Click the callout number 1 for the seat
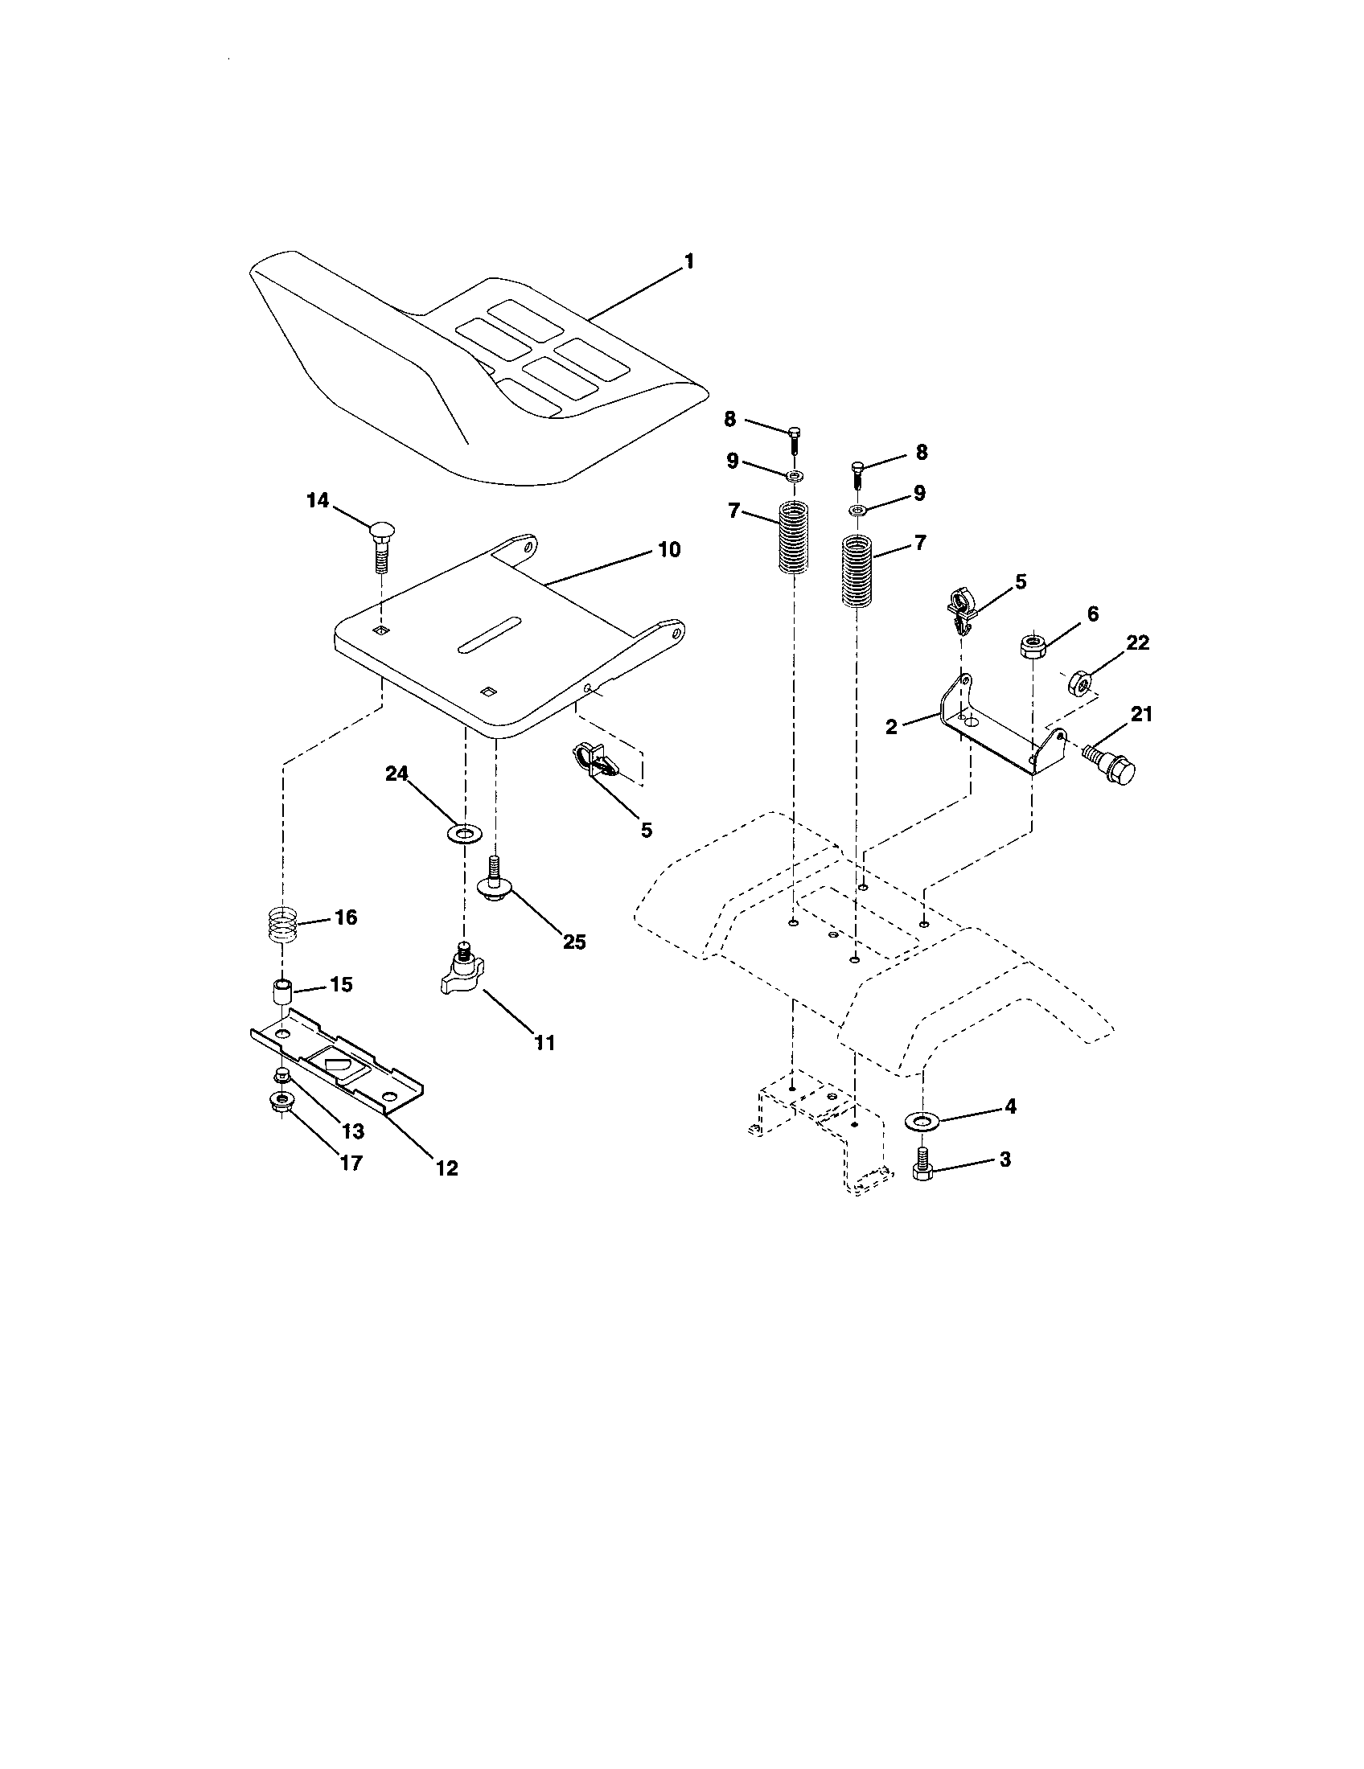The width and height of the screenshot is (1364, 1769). [x=688, y=261]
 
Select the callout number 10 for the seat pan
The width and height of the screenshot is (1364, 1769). [x=668, y=549]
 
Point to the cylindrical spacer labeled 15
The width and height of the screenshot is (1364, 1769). [x=280, y=992]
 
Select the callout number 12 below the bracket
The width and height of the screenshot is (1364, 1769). [x=446, y=1168]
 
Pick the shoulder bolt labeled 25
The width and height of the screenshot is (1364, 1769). [x=492, y=878]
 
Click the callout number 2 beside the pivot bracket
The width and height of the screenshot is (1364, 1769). [x=891, y=727]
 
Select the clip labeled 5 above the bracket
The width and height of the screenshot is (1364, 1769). [x=959, y=612]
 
